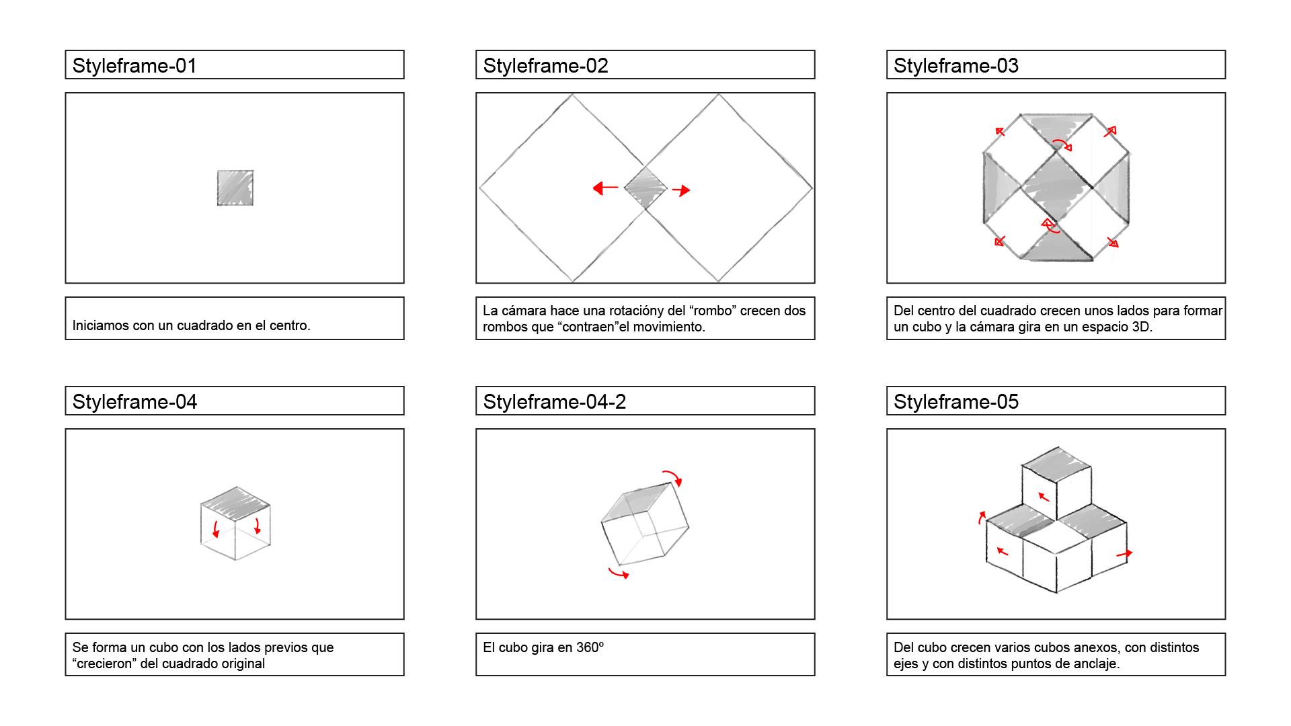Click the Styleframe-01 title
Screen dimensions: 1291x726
(x=134, y=65)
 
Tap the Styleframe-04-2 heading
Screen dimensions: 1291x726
(x=554, y=401)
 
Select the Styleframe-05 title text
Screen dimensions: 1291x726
(x=955, y=401)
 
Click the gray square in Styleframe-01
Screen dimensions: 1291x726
(x=235, y=188)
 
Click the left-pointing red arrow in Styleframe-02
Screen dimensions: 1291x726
(x=605, y=188)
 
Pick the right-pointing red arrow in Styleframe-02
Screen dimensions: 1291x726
(x=681, y=190)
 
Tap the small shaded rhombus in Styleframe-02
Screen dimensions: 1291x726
(x=645, y=188)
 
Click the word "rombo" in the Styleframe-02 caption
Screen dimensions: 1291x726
(x=713, y=311)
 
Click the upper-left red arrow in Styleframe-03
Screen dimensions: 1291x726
(x=1000, y=132)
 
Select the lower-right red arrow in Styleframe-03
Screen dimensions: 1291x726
(x=1113, y=242)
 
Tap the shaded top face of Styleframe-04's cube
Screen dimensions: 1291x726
(x=235, y=503)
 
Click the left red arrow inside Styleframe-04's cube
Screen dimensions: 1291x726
(x=216, y=529)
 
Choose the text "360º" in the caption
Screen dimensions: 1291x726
(x=590, y=647)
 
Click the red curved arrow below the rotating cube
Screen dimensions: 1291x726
(x=619, y=573)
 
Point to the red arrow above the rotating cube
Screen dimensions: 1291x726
(x=672, y=477)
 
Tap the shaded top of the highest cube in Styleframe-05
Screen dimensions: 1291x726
(x=1056, y=464)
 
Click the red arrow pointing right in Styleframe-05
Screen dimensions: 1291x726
(x=1124, y=554)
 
